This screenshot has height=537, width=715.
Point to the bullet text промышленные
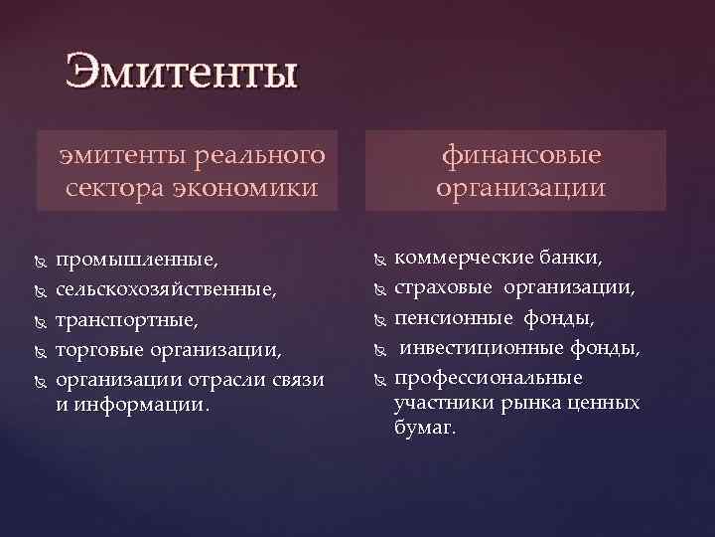coord(136,262)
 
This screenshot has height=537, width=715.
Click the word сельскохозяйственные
coord(166,291)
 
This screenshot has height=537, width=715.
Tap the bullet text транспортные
coord(127,320)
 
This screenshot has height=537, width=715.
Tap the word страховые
coord(443,289)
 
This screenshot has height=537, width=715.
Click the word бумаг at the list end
coord(425,429)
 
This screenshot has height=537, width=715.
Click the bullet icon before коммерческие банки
coord(376,260)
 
